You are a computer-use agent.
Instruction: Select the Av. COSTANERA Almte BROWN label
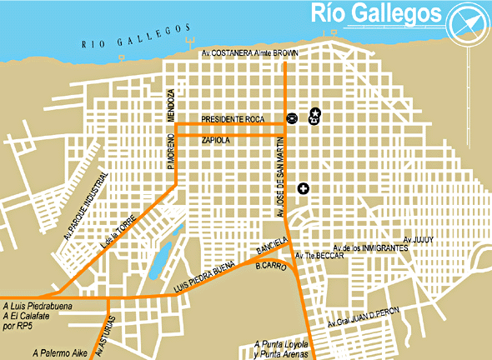(250, 52)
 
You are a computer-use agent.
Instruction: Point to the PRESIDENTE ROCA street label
(232, 120)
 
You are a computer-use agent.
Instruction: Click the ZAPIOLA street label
(216, 142)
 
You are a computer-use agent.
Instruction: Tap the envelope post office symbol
(291, 118)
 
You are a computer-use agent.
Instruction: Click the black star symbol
(315, 112)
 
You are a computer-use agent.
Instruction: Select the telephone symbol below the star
(313, 121)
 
